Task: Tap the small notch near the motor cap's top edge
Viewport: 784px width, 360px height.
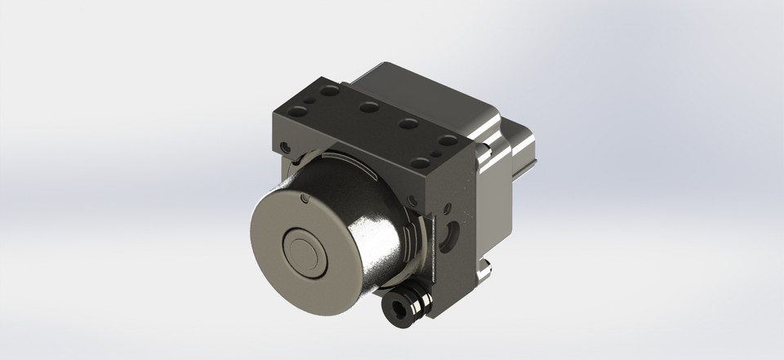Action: point(302,198)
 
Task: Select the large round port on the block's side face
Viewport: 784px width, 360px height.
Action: point(448,239)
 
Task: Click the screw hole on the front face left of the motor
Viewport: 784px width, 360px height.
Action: point(284,148)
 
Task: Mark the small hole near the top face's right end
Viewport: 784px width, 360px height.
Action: point(438,152)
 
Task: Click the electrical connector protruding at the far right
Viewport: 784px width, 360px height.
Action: point(523,152)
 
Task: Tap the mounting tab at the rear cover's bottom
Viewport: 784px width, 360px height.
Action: point(484,269)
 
